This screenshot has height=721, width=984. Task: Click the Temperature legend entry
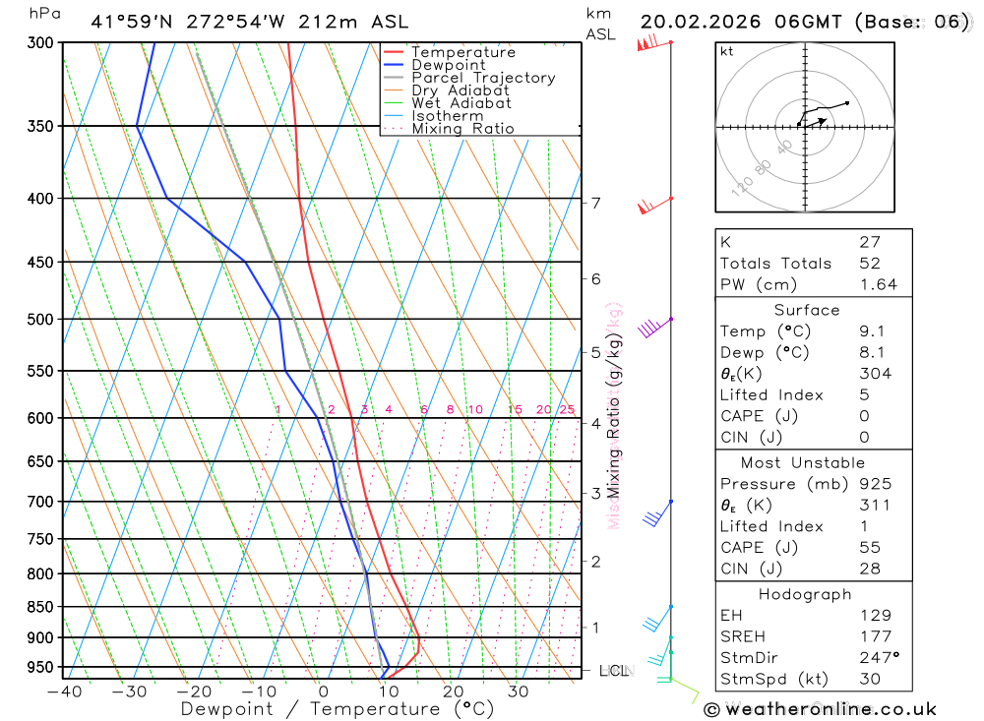tap(462, 52)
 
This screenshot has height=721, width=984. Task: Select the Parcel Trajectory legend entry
tap(483, 78)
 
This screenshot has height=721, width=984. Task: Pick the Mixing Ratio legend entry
tap(462, 129)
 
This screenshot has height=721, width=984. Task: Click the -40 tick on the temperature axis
tap(64, 691)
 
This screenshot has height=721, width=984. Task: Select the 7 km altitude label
tap(595, 204)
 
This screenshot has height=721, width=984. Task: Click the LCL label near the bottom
tap(614, 671)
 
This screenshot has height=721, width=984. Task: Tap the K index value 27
tap(869, 242)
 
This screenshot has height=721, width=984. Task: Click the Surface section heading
tap(806, 310)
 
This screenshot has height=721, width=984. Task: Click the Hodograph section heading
tap(806, 594)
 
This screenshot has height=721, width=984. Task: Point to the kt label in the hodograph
tap(727, 51)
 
